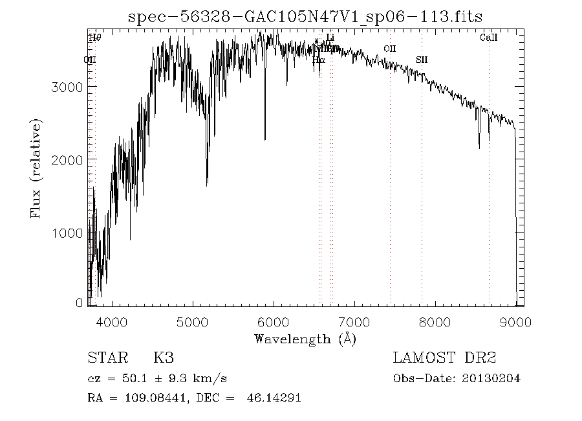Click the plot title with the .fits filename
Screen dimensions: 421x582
pos(305,17)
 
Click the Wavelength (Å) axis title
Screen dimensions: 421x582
pos(305,338)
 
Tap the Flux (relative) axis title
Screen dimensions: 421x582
pos(36,168)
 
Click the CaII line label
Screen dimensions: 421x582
pos(489,38)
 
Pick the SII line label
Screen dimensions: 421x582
pos(422,60)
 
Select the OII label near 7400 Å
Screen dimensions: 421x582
pos(390,49)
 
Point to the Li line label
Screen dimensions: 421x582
pos(330,38)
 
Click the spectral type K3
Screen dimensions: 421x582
pos(163,358)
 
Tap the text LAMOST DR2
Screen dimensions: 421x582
pos(444,358)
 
